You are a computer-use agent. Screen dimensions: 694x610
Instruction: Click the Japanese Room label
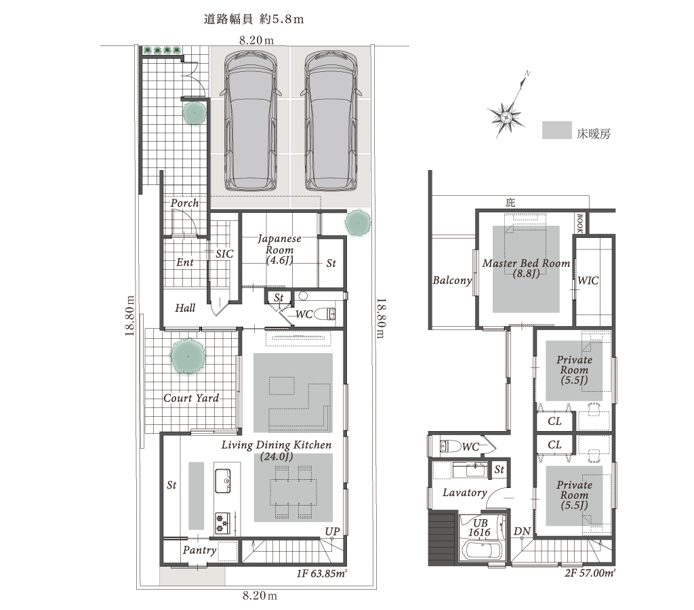pyautogui.click(x=279, y=249)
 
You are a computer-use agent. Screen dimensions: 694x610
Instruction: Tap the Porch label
pyautogui.click(x=184, y=203)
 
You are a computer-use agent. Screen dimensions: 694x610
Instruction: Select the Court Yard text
pyautogui.click(x=191, y=398)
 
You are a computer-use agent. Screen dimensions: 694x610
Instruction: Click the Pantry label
pyautogui.click(x=200, y=550)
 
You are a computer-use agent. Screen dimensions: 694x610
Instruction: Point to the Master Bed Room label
pyautogui.click(x=526, y=268)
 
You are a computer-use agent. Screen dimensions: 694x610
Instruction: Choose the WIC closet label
pyautogui.click(x=588, y=281)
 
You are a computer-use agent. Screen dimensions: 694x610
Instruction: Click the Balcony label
pyautogui.click(x=452, y=280)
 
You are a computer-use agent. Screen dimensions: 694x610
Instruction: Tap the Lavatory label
pyautogui.click(x=465, y=492)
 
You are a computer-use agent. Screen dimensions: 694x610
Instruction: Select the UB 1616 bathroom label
pyautogui.click(x=480, y=528)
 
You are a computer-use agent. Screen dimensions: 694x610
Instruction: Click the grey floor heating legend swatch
pyautogui.click(x=557, y=131)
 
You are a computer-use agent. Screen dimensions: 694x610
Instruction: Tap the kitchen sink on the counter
pyautogui.click(x=222, y=481)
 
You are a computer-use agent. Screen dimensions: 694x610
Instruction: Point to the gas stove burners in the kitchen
pyautogui.click(x=222, y=523)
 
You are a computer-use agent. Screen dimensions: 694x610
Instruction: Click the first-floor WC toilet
pyautogui.click(x=325, y=314)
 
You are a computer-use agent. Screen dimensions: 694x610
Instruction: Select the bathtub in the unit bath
pyautogui.click(x=482, y=551)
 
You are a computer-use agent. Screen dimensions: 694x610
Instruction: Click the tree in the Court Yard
pyautogui.click(x=188, y=356)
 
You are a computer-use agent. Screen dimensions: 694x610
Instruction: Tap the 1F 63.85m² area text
pyautogui.click(x=321, y=574)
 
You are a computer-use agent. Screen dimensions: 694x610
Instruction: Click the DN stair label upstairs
pyautogui.click(x=523, y=531)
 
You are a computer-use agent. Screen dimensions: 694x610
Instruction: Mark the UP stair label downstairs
pyautogui.click(x=332, y=531)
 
